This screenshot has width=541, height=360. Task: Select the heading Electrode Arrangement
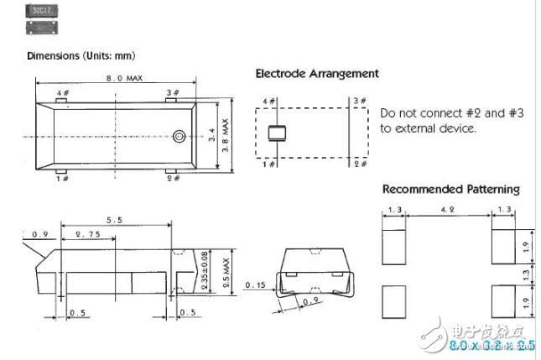pyautogui.click(x=317, y=74)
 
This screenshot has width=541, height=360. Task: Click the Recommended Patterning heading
pyautogui.click(x=450, y=189)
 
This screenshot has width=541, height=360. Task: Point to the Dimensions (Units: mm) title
pyautogui.click(x=81, y=55)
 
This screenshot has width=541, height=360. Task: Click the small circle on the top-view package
pyautogui.click(x=180, y=135)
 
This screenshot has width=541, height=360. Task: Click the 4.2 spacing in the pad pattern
pyautogui.click(x=449, y=210)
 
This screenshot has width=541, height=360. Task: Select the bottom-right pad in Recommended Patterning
pyautogui.click(x=503, y=301)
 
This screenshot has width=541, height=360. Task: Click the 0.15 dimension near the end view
pyautogui.click(x=255, y=284)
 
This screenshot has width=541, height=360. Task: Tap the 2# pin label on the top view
pyautogui.click(x=173, y=179)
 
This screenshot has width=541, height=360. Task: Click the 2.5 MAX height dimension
pyautogui.click(x=223, y=271)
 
